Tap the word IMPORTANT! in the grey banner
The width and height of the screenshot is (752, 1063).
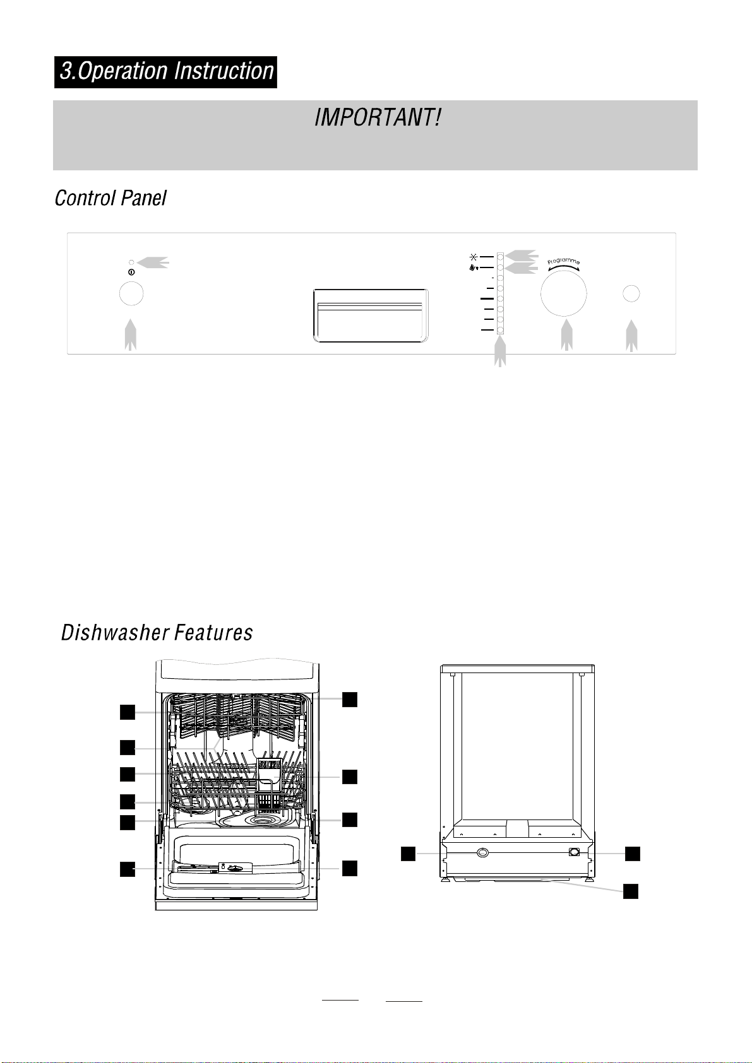coord(378,117)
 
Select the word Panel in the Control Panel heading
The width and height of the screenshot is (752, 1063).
coord(143,198)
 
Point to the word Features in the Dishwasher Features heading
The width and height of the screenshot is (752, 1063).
coord(213,633)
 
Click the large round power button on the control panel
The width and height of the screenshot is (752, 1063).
coord(131,294)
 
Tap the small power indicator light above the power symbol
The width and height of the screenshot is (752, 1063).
coord(131,262)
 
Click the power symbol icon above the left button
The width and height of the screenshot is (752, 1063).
coord(131,273)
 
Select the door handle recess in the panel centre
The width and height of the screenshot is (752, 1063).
coord(371,315)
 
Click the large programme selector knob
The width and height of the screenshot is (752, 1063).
coord(563,293)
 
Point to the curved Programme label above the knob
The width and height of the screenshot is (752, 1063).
coord(563,261)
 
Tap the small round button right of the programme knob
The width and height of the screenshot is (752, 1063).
coord(631,294)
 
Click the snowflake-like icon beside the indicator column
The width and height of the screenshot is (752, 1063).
coord(473,257)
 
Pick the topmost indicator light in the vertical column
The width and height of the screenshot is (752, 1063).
coord(500,257)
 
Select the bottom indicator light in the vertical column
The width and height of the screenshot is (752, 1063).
coord(500,330)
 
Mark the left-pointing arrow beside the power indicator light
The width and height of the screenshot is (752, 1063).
coord(153,262)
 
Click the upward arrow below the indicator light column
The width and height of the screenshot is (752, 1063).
coord(500,351)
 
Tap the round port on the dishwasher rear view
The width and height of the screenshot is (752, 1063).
coord(482,853)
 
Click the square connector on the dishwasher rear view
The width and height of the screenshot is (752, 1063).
coord(575,852)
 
